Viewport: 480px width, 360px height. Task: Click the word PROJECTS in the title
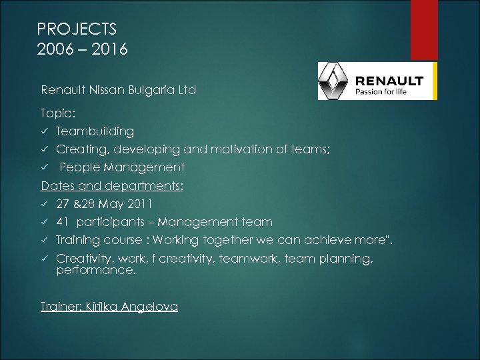pos(77,29)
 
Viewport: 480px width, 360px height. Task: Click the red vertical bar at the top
pos(425,30)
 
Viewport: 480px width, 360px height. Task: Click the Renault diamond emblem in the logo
pos(334,81)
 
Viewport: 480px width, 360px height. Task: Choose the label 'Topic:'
pos(58,114)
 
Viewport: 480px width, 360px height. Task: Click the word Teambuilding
pos(95,131)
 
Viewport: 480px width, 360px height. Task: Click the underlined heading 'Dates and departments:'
pos(112,185)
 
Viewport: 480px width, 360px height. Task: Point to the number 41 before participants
pos(63,221)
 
